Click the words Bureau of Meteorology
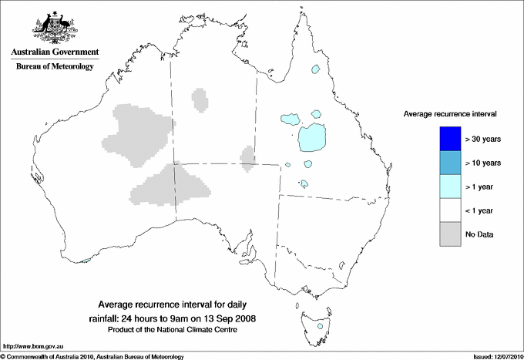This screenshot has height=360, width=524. [55, 67]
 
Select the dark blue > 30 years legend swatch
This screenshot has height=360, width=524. [446, 140]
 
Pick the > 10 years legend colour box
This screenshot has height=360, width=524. [446, 163]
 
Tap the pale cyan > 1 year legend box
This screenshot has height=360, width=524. [446, 187]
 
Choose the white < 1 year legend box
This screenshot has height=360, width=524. [446, 210]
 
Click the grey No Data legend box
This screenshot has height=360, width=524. [446, 234]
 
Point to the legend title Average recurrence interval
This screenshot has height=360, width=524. [450, 113]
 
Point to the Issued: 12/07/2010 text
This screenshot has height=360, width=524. [492, 356]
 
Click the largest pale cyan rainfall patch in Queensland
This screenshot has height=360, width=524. [313, 139]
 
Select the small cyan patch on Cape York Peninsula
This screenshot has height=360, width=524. [315, 69]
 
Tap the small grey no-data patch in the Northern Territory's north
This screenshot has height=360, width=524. [200, 99]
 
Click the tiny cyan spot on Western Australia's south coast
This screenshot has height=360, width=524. [85, 260]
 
